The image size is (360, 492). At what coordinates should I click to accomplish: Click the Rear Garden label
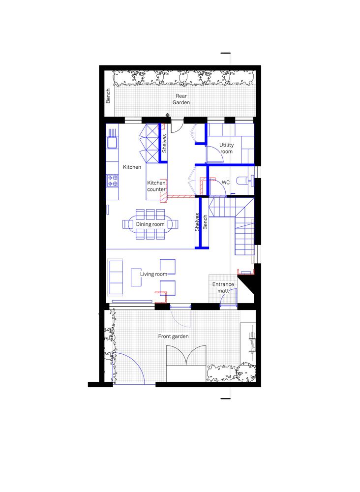pyautogui.click(x=181, y=99)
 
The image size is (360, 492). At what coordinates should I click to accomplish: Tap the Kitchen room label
pyautogui.click(x=132, y=167)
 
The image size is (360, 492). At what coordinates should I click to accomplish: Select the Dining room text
pyautogui.click(x=150, y=224)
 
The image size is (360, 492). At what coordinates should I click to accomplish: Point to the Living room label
pyautogui.click(x=153, y=274)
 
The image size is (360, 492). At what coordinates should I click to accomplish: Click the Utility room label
pyautogui.click(x=226, y=148)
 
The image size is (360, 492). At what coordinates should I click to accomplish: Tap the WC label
pyautogui.click(x=226, y=183)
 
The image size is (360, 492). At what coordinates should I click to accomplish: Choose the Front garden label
pyautogui.click(x=174, y=337)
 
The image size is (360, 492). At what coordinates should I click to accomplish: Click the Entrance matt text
pyautogui.click(x=223, y=287)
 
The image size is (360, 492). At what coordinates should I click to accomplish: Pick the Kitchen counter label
pyautogui.click(x=156, y=186)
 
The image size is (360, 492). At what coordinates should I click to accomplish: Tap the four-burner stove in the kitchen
pyautogui.click(x=112, y=181)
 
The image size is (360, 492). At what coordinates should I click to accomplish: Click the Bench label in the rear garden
pyautogui.click(x=108, y=96)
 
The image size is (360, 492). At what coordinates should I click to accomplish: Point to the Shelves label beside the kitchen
pyautogui.click(x=164, y=143)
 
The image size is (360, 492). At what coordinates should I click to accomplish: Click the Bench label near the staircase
pyautogui.click(x=205, y=222)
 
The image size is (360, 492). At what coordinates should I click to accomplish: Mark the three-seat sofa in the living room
pyautogui.click(x=116, y=277)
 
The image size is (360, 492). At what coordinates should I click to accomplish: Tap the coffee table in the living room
pyautogui.click(x=136, y=277)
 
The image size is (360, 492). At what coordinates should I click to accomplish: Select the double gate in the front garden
pyautogui.click(x=186, y=356)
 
